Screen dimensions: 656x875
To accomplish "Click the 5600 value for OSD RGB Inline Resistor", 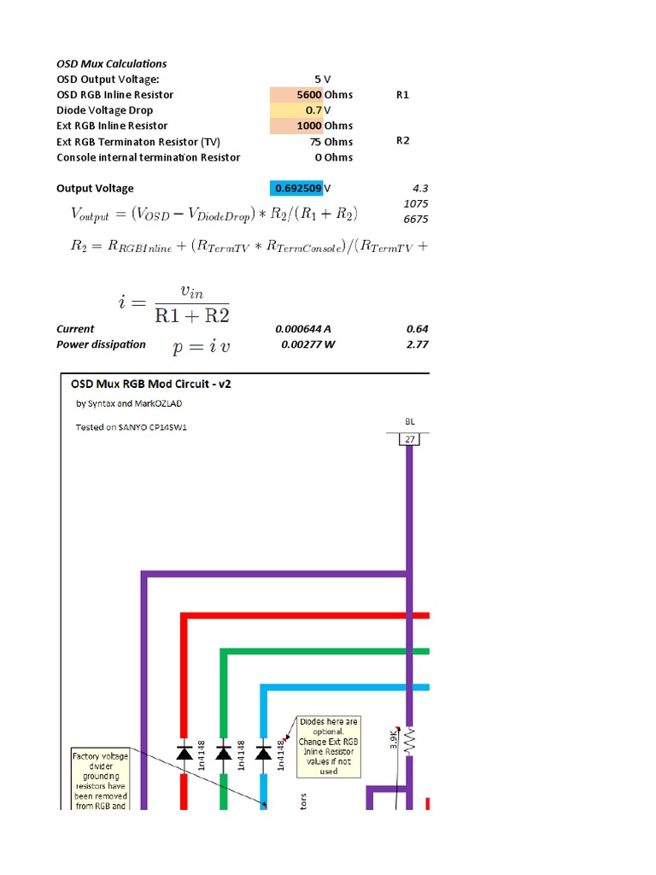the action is (x=303, y=95).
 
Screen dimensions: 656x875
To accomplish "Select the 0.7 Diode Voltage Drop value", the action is (x=313, y=110).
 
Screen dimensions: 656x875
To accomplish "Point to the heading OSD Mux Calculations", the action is (x=112, y=63).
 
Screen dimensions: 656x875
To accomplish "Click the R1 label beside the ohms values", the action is (x=403, y=95).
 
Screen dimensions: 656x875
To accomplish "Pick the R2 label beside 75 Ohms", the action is (x=403, y=141).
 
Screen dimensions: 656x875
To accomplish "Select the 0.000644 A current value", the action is (x=307, y=329).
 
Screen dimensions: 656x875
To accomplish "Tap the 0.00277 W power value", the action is (x=310, y=344).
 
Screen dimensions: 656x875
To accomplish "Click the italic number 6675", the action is (x=417, y=219).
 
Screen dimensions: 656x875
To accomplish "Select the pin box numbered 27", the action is (x=409, y=439).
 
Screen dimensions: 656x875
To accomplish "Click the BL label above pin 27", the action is (x=409, y=421).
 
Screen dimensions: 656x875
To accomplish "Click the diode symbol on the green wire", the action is (x=224, y=752).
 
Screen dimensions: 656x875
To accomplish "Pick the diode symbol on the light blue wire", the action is (x=263, y=752).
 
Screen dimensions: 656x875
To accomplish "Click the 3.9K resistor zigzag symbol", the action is (x=409, y=740).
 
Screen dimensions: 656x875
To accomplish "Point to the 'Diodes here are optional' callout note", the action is (x=329, y=746).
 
